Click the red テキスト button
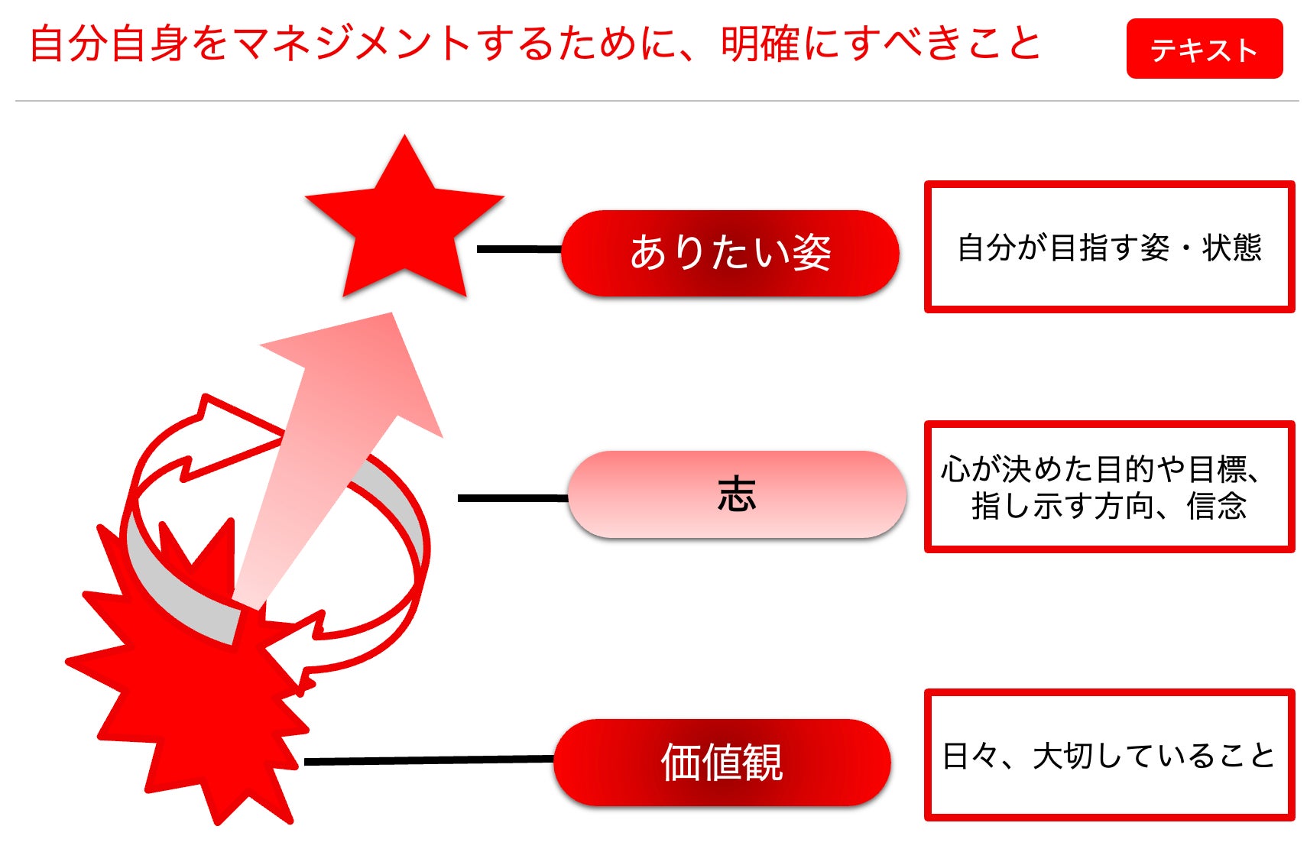pos(1204,49)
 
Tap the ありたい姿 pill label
pos(730,253)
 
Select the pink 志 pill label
pos(737,494)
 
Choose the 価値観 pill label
pos(722,762)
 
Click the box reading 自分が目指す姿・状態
pos(1109,247)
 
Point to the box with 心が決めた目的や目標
pos(1109,486)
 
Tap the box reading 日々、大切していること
pos(1109,755)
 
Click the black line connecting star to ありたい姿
pos(520,249)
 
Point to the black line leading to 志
pos(512,498)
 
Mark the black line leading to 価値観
pos(428,760)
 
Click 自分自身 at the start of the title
pos(109,44)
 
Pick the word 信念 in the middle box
pos(1216,506)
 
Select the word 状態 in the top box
pos(1231,248)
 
